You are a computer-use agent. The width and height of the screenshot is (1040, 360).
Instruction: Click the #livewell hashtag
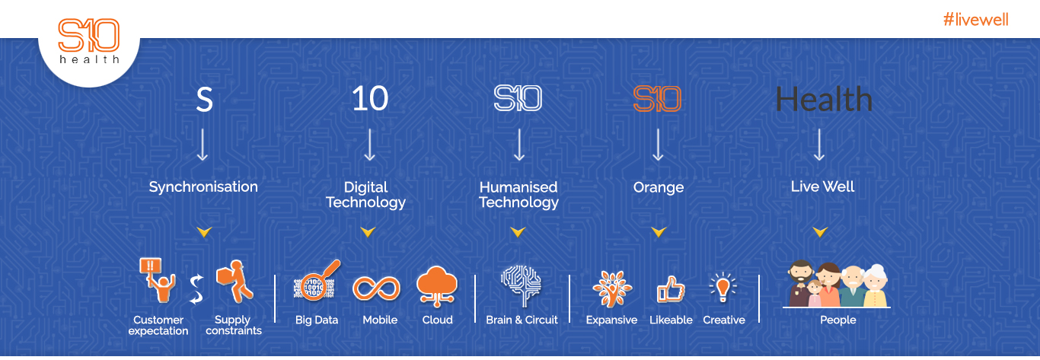(x=975, y=20)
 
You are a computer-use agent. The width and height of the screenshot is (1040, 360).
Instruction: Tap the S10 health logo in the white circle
(x=88, y=40)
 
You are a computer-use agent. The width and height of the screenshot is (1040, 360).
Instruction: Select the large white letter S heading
(x=204, y=99)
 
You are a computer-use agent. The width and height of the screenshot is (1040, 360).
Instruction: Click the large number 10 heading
(x=369, y=98)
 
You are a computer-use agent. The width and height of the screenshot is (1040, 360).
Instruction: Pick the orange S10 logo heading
(x=657, y=98)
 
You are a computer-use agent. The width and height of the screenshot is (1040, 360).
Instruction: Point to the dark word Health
(x=824, y=99)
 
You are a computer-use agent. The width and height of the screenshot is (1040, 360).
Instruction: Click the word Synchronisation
(x=203, y=187)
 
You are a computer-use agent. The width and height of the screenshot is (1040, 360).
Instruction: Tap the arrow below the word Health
(x=819, y=145)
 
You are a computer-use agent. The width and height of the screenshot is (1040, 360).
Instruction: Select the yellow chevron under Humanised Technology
(x=518, y=231)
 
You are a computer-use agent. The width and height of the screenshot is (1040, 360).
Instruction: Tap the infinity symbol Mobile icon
(x=377, y=288)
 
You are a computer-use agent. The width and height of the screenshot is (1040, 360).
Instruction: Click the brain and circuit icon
(x=522, y=285)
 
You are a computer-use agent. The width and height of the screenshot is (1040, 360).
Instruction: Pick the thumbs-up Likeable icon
(x=671, y=289)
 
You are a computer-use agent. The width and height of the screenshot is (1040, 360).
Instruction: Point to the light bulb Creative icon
(x=723, y=288)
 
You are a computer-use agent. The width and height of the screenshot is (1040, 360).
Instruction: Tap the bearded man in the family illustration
(x=801, y=283)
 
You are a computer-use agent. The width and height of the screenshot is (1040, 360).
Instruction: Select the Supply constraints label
(x=234, y=325)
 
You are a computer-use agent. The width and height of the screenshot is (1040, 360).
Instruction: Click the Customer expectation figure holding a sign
(x=158, y=280)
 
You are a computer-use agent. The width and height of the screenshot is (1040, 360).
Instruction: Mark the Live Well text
(x=822, y=186)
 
